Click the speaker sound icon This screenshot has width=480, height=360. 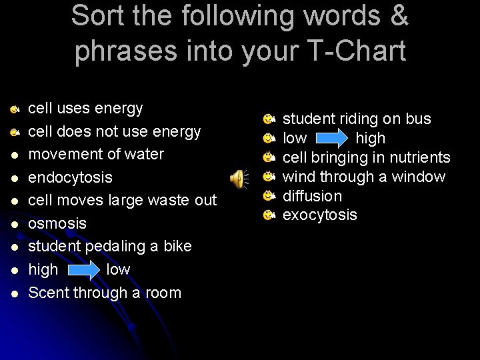click(x=238, y=179)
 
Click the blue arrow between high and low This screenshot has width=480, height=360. click(x=83, y=270)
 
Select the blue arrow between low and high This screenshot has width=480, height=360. click(x=331, y=139)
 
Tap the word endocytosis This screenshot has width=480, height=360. click(x=70, y=177)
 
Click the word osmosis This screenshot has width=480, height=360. click(x=57, y=223)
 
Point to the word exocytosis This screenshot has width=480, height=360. click(x=320, y=215)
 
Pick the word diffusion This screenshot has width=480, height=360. click(x=312, y=196)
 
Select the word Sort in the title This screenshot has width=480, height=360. click(x=98, y=15)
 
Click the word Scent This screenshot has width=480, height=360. click(x=49, y=293)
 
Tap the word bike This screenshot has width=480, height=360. click(x=177, y=246)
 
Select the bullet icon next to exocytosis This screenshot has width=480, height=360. click(x=269, y=215)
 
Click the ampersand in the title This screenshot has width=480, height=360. click(x=399, y=15)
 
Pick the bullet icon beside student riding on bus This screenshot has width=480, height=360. click(x=269, y=119)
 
